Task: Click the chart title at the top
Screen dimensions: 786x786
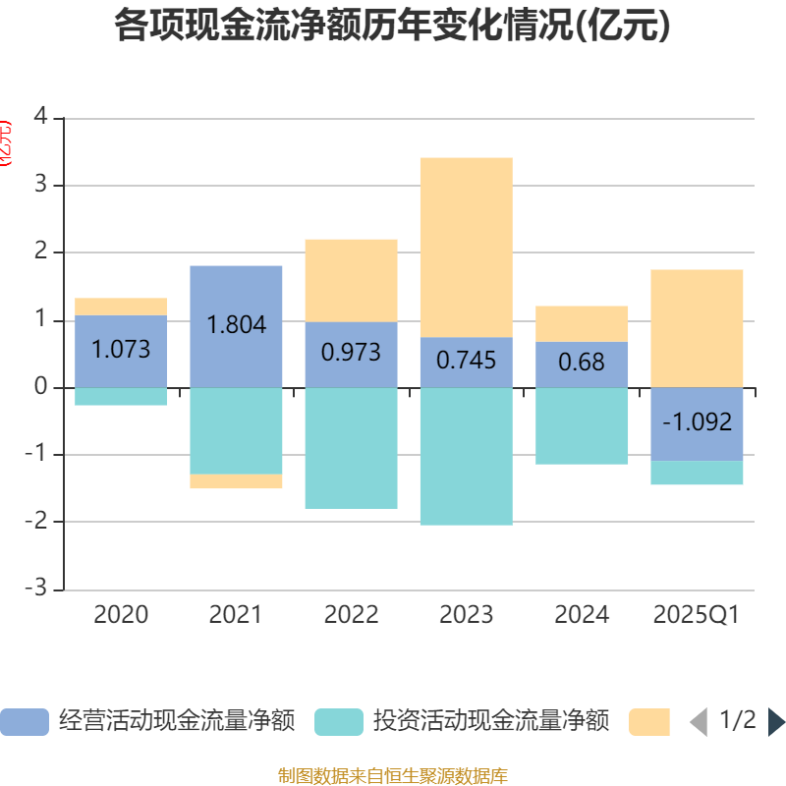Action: (x=392, y=26)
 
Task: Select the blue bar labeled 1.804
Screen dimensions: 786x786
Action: (x=236, y=325)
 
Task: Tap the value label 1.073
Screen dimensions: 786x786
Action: (x=121, y=349)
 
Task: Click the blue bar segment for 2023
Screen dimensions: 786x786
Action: (x=466, y=362)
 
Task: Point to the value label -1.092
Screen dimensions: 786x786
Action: (x=697, y=422)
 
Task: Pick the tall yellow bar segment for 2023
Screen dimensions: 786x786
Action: (x=466, y=247)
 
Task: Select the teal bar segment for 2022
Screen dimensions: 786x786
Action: (x=351, y=448)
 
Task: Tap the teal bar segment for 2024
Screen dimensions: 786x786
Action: (x=582, y=425)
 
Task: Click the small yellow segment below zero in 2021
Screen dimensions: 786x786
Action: (x=236, y=481)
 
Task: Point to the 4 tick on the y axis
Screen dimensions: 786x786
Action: (x=40, y=117)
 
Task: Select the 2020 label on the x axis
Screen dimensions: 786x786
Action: (x=121, y=615)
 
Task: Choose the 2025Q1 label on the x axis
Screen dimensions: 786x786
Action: (x=697, y=615)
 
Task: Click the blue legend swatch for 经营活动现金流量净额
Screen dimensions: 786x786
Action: (x=24, y=721)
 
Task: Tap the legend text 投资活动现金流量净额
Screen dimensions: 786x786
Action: (x=490, y=721)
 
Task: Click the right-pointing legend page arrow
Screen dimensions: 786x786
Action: (x=776, y=722)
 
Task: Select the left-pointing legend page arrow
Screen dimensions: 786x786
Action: (x=699, y=722)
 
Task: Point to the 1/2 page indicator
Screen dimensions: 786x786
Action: (x=737, y=721)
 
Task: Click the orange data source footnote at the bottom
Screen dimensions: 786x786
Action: (x=392, y=776)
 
